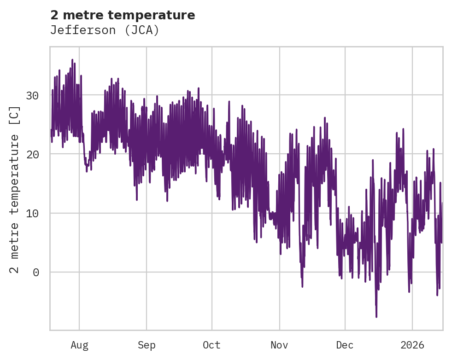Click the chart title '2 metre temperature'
pos(123,15)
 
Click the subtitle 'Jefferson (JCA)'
pos(105,30)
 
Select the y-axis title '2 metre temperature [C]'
pos(15,189)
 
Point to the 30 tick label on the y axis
pos(32,96)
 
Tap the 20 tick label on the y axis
pos(32,154)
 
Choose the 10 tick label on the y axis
pos(32,213)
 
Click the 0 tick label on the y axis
pos(36,272)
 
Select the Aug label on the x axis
pos(79,345)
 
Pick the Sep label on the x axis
pos(147,345)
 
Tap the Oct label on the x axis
pos(212,345)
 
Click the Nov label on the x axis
pos(279,345)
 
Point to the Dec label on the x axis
pos(345,345)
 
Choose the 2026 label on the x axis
pos(412,345)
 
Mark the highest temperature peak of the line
pos(72,60)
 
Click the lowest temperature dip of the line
pos(376,317)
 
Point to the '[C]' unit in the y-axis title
pos(15,116)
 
